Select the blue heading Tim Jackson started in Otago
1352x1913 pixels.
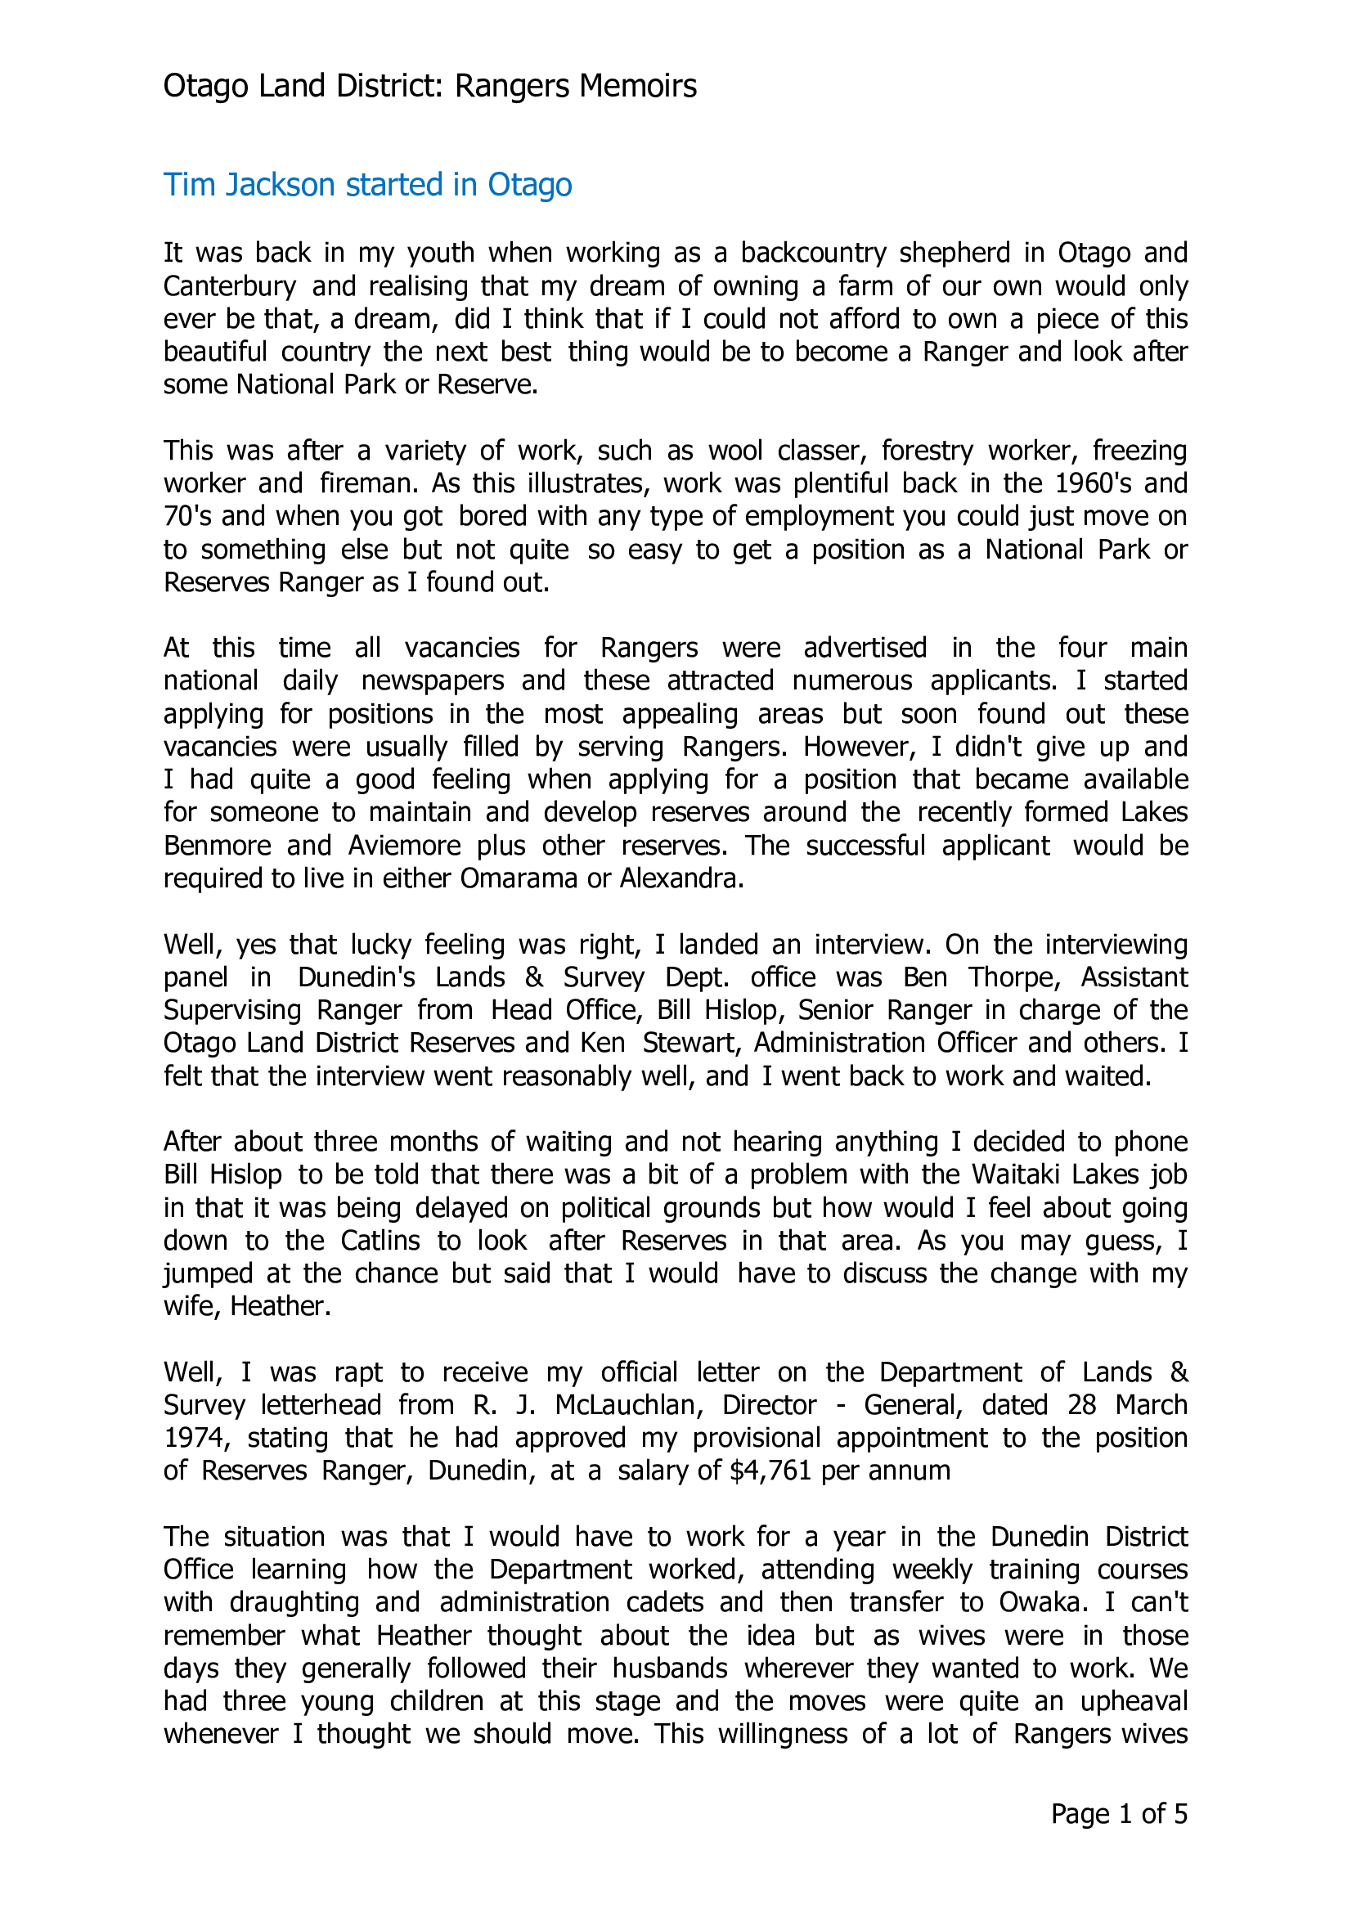tap(367, 185)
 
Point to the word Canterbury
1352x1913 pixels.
tap(230, 285)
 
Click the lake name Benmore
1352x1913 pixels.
tap(218, 846)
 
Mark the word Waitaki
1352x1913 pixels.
tap(1017, 1174)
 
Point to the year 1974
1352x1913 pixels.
tap(192, 1438)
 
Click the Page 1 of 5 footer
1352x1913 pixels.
tap(1119, 1814)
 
